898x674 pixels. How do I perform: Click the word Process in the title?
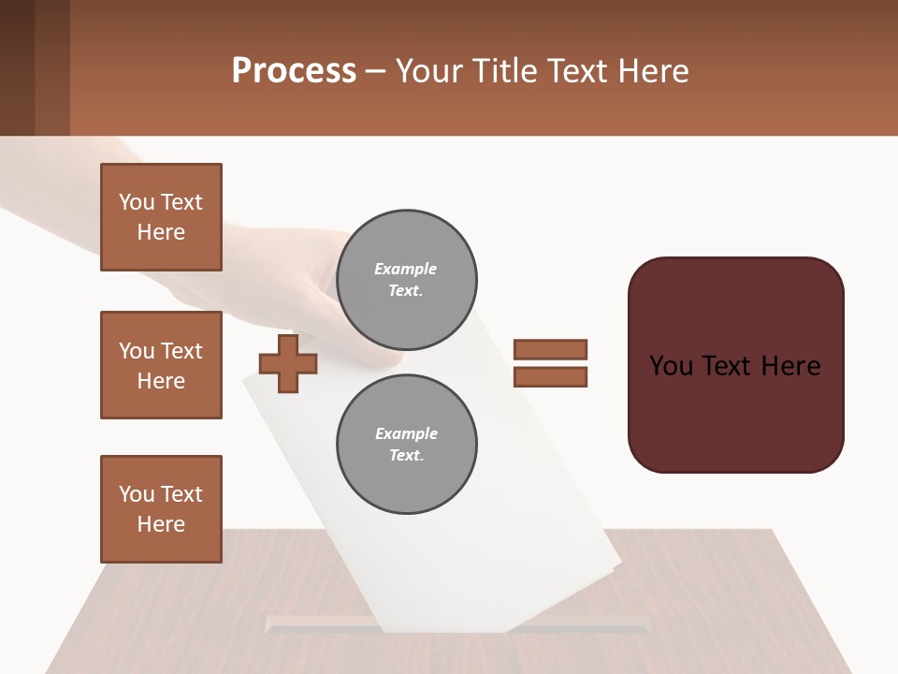click(294, 71)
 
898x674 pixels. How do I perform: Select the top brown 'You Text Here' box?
click(161, 217)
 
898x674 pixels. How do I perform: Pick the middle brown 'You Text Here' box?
click(161, 365)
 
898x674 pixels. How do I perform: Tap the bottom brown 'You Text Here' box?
click(161, 509)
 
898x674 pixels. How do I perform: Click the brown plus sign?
click(288, 364)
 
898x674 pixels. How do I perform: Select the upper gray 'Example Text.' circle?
click(407, 280)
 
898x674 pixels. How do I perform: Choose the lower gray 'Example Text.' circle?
click(407, 445)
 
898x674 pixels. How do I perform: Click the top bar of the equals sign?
click(550, 349)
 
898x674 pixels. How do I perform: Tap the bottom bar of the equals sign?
click(550, 376)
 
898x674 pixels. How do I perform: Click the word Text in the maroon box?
click(734, 366)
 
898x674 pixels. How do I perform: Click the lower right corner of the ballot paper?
click(613, 566)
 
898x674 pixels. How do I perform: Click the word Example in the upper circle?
click(405, 269)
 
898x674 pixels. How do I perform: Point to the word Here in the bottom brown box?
click(161, 524)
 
